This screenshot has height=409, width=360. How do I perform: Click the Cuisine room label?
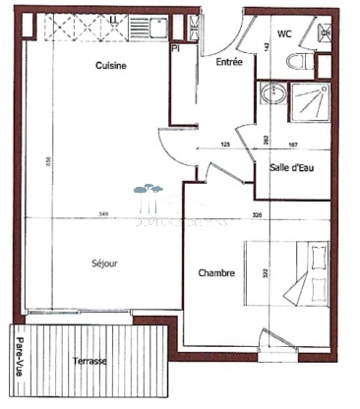(111, 65)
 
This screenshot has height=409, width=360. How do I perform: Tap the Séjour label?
(102, 263)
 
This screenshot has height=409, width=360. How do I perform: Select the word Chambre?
(215, 272)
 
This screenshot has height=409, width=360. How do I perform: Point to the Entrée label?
(228, 62)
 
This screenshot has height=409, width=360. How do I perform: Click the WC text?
(284, 34)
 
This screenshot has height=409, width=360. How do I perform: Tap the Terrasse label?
(90, 362)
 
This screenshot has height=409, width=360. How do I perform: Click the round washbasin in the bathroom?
(271, 96)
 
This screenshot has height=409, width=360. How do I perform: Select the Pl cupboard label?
(175, 47)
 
